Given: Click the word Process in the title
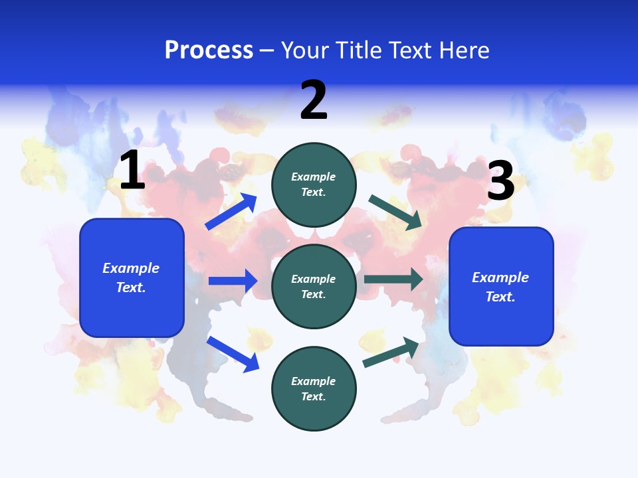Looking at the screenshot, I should point(209,50).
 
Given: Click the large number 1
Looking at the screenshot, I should point(132,171).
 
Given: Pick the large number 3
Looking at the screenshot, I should point(500,181).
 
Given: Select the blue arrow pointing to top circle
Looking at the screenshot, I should point(231,212).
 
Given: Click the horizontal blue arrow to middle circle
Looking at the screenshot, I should point(233,281).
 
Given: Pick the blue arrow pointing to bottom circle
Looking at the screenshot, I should point(233,354).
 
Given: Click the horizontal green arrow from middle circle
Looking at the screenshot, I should point(393,279).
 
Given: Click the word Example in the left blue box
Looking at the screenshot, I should point(131,268).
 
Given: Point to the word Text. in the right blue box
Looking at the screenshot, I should point(500,297).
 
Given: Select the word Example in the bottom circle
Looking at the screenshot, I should point(314,381).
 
